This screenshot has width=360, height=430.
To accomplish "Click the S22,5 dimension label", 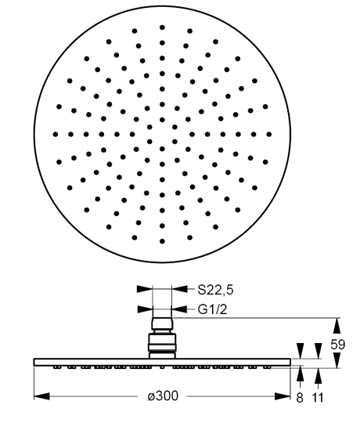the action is click(x=215, y=290).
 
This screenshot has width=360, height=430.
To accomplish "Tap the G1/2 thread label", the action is click(x=213, y=309).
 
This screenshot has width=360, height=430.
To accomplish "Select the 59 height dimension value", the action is click(x=337, y=345).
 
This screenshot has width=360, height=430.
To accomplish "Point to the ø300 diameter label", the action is click(x=163, y=396).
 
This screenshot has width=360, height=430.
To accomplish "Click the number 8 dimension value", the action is click(x=300, y=398).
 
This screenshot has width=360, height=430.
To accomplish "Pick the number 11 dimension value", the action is click(x=318, y=398).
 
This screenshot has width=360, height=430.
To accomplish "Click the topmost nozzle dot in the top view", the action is click(x=162, y=27).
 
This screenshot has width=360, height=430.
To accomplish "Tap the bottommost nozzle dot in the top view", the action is click(x=162, y=241).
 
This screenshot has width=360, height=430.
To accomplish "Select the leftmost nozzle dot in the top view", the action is click(x=56, y=134).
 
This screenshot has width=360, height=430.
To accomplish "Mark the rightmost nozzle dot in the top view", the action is click(x=269, y=134).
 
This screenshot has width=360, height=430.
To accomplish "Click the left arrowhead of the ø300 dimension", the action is click(x=41, y=396).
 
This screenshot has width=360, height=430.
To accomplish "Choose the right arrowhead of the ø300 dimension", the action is click(x=283, y=396).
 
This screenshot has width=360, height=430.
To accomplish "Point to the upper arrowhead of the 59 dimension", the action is click(x=337, y=326).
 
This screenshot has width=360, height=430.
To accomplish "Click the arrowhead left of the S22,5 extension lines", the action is click(x=144, y=289).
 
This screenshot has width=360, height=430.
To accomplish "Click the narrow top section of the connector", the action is click(x=162, y=323).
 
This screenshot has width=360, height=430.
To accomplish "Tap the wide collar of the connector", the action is click(x=162, y=342).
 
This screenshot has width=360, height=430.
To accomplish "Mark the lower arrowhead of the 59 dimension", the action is click(x=337, y=360).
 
